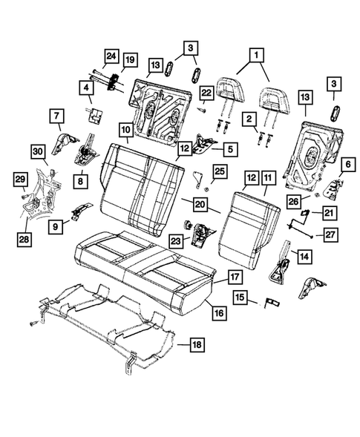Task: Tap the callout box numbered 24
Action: [111, 56]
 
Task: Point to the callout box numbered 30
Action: [39, 151]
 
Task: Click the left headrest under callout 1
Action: [226, 88]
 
